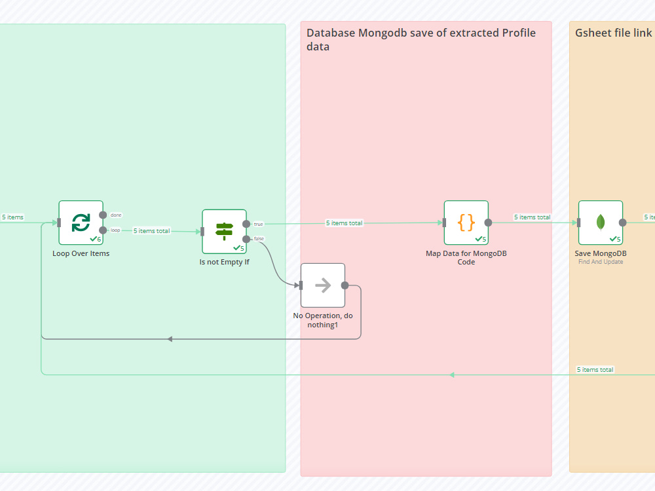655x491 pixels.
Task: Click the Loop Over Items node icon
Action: pos(81,222)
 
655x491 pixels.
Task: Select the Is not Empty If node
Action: pos(224,231)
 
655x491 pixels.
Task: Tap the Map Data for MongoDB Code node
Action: pos(466,223)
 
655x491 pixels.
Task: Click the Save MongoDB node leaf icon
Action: pos(601,223)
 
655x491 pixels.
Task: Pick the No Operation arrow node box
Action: pos(323,285)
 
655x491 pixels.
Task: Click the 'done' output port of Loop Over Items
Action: pos(103,215)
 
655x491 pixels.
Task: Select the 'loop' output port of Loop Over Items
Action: pos(103,230)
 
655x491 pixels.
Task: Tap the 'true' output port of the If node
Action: pos(246,224)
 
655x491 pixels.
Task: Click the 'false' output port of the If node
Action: pos(246,239)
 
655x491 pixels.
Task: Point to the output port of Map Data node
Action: pos(488,223)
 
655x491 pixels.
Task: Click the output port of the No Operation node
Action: pos(345,285)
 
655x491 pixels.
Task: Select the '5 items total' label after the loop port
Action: pos(152,231)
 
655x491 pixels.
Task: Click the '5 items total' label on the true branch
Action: pos(345,223)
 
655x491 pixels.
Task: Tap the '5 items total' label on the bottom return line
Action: pos(595,369)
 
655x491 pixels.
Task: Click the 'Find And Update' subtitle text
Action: pos(601,262)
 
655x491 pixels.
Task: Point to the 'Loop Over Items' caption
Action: pos(81,253)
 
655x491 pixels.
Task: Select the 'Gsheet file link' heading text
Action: pos(613,33)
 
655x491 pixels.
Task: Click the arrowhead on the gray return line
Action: pos(170,339)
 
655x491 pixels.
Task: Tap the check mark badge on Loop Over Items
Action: pos(95,239)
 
